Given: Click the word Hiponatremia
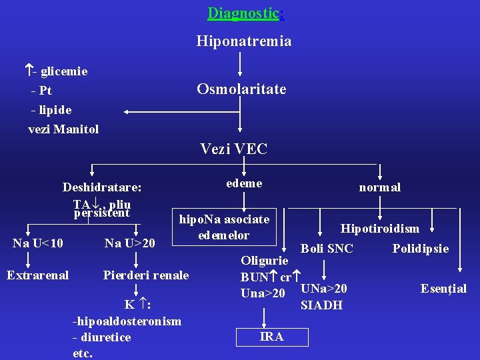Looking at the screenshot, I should pos(243,41).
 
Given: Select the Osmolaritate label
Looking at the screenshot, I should pos(241,89).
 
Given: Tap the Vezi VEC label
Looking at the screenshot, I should pos(233,149).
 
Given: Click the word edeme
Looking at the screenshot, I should pos(244,183).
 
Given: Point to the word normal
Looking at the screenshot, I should pos(379,187).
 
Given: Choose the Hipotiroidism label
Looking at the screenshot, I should pos(379,229).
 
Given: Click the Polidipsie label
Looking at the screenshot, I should pos(420,249).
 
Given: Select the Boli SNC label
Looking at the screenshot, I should pos(327,249).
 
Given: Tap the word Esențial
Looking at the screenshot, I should pos(443,289).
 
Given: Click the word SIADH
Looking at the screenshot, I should pos(321,305).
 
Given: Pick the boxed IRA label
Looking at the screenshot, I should pos(271,337).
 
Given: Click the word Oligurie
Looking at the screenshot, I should pos(265,260).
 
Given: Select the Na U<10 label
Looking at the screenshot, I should pos(38,243).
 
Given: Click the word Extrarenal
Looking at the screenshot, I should pos(37,274).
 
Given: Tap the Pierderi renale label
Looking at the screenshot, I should pos(146,275).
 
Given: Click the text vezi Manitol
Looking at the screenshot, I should pos(63,129).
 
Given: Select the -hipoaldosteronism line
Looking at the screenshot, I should pos(127,321).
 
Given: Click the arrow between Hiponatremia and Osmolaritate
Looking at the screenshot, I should pos(240,65).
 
